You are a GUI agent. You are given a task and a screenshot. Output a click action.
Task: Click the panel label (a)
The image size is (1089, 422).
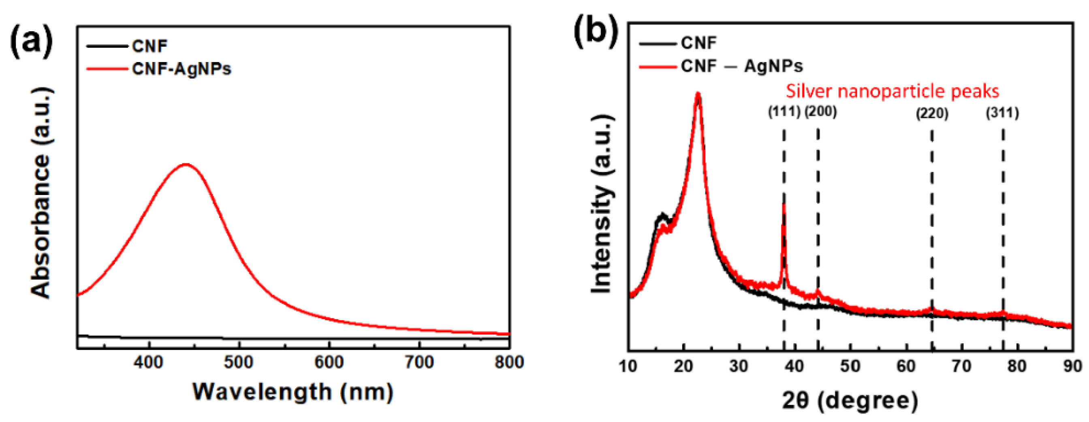32,41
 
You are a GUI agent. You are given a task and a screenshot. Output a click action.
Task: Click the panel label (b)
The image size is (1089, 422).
596,30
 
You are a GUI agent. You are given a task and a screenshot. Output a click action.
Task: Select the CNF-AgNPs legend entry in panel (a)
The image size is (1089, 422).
181,69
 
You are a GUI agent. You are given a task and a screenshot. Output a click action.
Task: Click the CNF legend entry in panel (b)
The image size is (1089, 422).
698,43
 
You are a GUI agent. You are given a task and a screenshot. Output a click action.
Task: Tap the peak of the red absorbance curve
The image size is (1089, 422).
186,164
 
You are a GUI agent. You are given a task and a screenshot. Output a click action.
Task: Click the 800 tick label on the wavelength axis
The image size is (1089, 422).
509,362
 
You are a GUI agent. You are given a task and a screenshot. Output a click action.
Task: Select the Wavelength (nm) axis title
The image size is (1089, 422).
293,392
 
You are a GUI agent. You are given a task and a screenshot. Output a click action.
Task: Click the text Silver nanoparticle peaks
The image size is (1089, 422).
892,91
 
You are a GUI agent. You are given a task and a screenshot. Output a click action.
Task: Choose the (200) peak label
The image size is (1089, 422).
820,111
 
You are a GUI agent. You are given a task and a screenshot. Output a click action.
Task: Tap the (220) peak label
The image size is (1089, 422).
932,114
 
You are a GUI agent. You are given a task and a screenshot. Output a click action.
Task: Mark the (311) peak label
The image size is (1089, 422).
1002,113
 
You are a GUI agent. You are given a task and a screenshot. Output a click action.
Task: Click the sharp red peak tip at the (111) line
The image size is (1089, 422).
784,205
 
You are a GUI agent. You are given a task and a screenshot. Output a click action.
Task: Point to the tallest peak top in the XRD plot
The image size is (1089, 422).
698,94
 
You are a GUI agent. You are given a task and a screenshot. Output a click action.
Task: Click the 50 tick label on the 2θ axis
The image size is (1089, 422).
850,366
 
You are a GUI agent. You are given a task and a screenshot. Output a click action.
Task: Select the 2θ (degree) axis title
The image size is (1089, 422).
850,400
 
